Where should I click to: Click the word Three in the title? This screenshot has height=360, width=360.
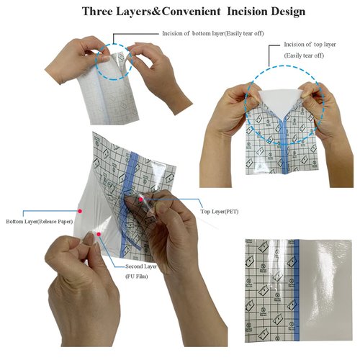pyautogui.click(x=102, y=12)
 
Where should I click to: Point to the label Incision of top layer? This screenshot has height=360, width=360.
pyautogui.click(x=304, y=45)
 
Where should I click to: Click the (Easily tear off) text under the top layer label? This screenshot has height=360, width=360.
pyautogui.click(x=303, y=55)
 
